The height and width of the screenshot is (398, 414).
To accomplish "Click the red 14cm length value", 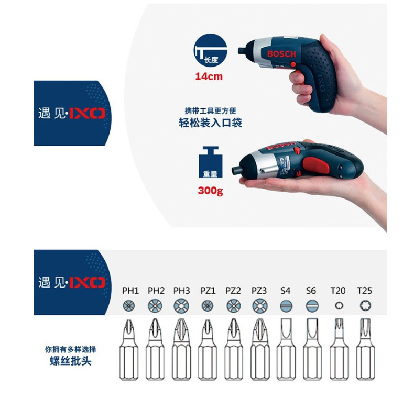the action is click(x=209, y=76).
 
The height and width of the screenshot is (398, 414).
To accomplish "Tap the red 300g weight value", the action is click(x=211, y=191).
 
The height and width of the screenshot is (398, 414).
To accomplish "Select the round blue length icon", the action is click(x=210, y=50).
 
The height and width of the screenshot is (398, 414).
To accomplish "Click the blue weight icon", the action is click(x=211, y=162).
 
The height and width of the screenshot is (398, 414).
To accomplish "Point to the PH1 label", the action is click(x=130, y=291).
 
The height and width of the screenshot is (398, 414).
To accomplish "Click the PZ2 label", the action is click(x=233, y=291).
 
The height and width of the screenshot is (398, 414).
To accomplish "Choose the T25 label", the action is click(x=364, y=291).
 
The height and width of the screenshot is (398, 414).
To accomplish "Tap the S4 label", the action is click(x=285, y=291).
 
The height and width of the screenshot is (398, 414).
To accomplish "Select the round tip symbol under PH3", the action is click(x=181, y=306).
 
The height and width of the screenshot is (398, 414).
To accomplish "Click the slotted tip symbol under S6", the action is click(x=312, y=306).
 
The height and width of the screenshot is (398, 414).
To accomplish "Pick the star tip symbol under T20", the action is click(x=339, y=306).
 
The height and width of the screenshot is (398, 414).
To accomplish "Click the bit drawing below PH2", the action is click(x=155, y=349).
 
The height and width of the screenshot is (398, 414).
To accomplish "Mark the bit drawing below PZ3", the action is click(x=260, y=349).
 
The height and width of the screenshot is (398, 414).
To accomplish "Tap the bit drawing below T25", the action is click(x=365, y=349).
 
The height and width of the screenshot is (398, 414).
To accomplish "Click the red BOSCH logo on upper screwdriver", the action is click(x=281, y=54).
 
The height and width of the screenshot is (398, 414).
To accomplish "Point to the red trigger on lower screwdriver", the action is click(x=316, y=165).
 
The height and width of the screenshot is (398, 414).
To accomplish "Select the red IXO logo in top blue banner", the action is click(x=87, y=113).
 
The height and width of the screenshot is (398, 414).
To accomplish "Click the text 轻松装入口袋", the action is click(x=210, y=123).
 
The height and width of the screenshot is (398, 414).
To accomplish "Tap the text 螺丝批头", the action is click(x=71, y=361).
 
